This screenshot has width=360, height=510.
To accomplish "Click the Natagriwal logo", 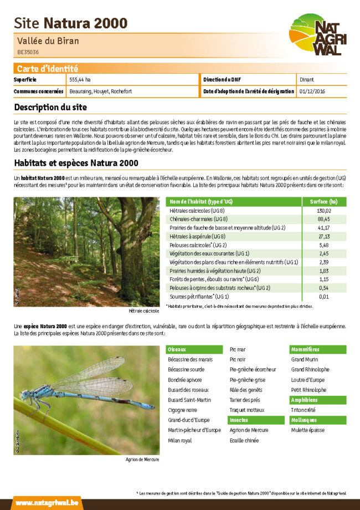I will [x=317, y=34].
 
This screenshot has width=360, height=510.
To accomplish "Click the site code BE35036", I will [x=28, y=52].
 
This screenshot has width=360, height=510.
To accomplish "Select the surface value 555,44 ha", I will [x=80, y=80].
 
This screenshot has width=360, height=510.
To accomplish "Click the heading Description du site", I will [x=50, y=107].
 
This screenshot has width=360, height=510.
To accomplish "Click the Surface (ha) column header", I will [x=323, y=202].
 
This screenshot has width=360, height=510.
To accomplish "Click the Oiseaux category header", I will [x=177, y=350].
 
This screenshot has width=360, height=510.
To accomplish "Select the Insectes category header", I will [x=239, y=420].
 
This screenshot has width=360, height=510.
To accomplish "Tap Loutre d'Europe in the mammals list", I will [x=308, y=380].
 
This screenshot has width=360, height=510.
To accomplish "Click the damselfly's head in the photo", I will [x=25, y=394].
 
